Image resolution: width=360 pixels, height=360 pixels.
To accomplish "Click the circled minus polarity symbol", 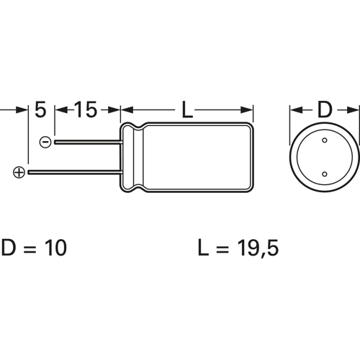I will click(45, 143).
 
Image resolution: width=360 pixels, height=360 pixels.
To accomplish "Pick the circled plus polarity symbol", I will click(19, 172).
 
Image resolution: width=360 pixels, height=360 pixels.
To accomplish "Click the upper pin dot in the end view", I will click(324, 141).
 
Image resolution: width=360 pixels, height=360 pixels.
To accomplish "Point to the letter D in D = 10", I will click(9, 248).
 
